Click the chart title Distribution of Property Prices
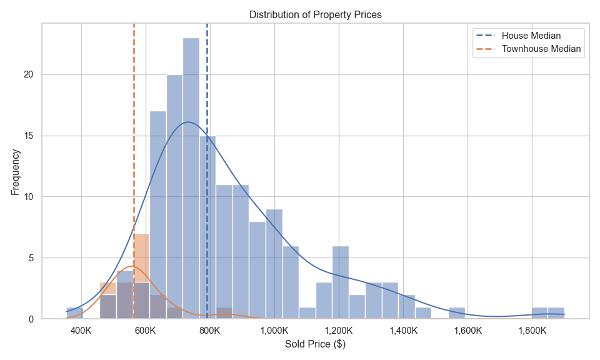315,14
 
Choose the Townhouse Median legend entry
542,49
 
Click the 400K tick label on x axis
81,330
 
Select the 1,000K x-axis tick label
274,330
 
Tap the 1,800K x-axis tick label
532,330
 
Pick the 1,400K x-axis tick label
403,330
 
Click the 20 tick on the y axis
28,74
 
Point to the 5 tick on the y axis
31,258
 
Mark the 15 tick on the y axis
28,136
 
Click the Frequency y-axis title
16,171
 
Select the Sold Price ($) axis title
315,344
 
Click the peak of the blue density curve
188,122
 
